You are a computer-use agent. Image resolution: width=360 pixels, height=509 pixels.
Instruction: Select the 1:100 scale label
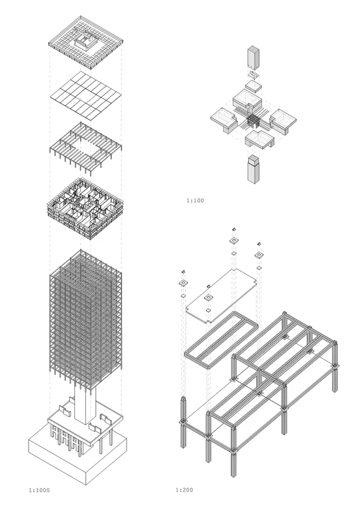pyautogui.click(x=195, y=200)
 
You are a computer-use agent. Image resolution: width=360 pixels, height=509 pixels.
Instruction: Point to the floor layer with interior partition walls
pyautogui.click(x=85, y=208)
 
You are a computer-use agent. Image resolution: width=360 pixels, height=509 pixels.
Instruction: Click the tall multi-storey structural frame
pyautogui.click(x=85, y=320)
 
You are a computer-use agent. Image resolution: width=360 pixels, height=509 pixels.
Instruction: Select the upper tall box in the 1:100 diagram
pyautogui.click(x=254, y=58)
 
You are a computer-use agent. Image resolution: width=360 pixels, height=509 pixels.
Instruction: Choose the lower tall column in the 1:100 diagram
pyautogui.click(x=253, y=169)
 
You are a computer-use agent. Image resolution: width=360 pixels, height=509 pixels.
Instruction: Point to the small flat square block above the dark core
pyautogui.click(x=253, y=86)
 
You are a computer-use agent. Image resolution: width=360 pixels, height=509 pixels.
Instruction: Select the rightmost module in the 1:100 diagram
pyautogui.click(x=283, y=122)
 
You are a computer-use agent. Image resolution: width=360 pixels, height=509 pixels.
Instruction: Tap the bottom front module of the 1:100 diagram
pyautogui.click(x=260, y=139)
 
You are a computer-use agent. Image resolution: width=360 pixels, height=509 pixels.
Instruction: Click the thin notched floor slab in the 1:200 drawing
pyautogui.click(x=222, y=296)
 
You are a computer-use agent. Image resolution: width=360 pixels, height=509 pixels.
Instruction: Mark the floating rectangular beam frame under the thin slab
pyautogui.click(x=221, y=340)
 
